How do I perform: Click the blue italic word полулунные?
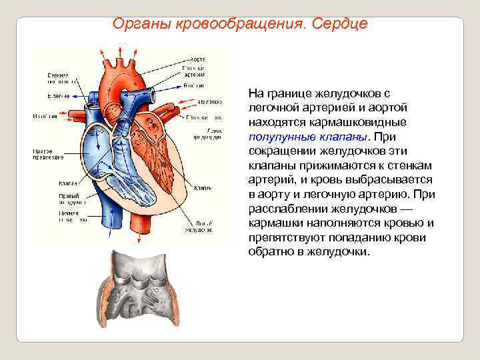[280, 137]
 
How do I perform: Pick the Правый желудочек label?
[69, 198]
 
